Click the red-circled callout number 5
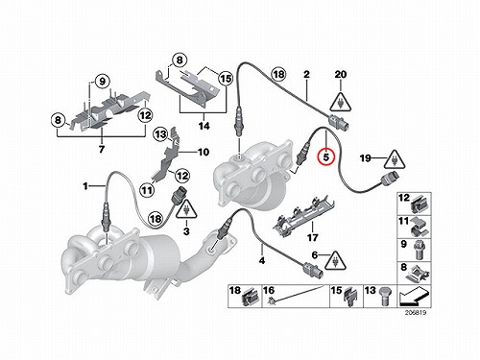325,157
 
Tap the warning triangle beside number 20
341,103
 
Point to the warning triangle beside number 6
335,260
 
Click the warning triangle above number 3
186,209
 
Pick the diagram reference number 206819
416,313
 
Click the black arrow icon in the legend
413,297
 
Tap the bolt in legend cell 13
385,297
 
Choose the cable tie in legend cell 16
295,295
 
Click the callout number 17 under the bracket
312,237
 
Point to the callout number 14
204,126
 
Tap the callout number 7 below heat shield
102,149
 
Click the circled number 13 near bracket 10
160,134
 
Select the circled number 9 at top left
102,81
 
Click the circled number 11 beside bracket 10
147,190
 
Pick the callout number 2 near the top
306,75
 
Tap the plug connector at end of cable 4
313,270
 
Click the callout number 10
204,152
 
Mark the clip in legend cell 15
349,297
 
